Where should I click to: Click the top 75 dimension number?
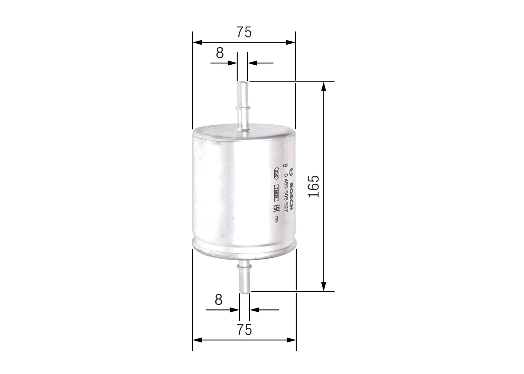[x=244, y=32]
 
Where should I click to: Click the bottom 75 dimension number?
[x=244, y=330]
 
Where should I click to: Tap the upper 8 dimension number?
[x=220, y=53]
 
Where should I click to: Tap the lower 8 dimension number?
[x=219, y=300]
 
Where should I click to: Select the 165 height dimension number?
[x=314, y=187]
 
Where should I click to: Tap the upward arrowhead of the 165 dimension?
[x=324, y=86]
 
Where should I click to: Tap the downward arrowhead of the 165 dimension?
[x=324, y=287]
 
